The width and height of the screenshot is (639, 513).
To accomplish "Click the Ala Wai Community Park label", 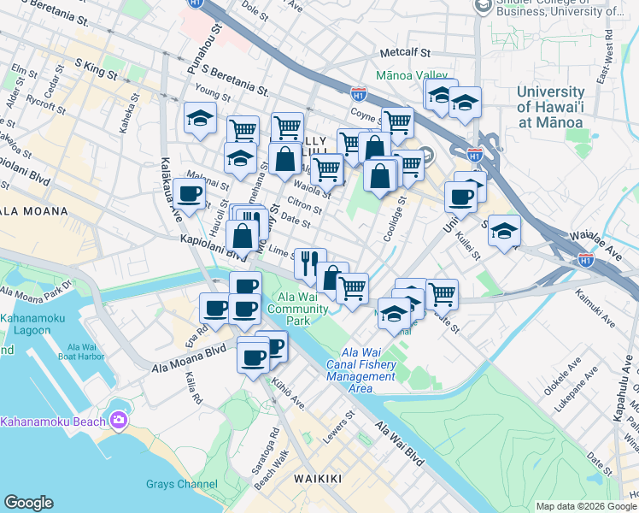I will (x=298, y=309).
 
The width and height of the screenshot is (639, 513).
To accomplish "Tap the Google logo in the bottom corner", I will (x=28, y=503).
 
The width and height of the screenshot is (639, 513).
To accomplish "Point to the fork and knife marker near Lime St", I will (x=309, y=262).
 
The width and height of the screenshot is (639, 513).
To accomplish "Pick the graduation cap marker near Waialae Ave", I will (x=504, y=231).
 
